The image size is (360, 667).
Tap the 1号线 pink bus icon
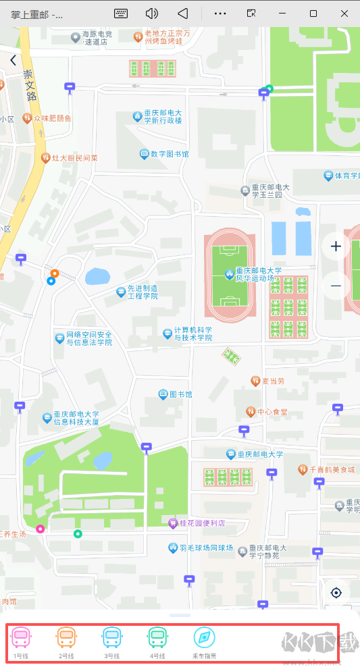click(21, 638)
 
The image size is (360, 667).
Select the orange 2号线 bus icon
click(66, 638)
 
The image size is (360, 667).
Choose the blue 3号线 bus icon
click(111, 638)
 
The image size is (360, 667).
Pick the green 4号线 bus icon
click(157, 638)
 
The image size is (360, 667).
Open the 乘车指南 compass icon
click(204, 638)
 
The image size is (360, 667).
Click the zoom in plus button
click(336, 246)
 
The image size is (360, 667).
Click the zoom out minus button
click(336, 286)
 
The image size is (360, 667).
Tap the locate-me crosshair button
click(336, 593)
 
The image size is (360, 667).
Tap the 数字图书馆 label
click(169, 154)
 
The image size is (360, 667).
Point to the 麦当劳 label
click(274, 381)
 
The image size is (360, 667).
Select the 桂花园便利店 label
click(201, 523)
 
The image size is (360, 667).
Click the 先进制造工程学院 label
click(143, 292)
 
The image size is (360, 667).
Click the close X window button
click(344, 13)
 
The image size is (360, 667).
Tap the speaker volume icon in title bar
click(152, 13)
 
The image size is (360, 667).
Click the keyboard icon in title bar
click(121, 13)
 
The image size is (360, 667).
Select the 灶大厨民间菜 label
click(75, 158)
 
